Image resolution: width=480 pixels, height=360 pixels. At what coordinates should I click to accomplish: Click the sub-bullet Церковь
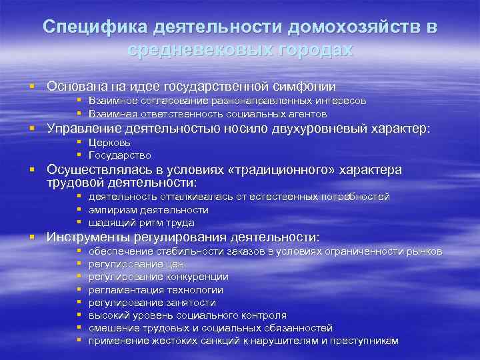coord(109,142)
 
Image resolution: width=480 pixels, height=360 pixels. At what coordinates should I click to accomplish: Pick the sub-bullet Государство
coord(120,155)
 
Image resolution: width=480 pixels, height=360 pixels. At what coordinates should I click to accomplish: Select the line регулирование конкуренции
coord(158,277)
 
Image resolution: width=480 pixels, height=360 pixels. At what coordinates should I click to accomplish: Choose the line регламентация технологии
coord(156,290)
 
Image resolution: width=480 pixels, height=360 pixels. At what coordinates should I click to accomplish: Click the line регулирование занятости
coord(152,303)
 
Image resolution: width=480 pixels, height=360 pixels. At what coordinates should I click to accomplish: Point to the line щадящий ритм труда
coord(141,223)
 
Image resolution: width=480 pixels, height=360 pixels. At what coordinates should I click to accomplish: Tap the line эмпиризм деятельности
coord(148,210)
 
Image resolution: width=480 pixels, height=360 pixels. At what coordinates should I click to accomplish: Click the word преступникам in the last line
coord(366,341)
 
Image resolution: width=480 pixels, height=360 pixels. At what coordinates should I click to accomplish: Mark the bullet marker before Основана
coord(31,87)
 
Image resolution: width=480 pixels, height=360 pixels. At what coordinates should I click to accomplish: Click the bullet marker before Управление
coord(31,129)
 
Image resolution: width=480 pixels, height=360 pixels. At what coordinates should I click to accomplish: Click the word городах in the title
coord(309,50)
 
